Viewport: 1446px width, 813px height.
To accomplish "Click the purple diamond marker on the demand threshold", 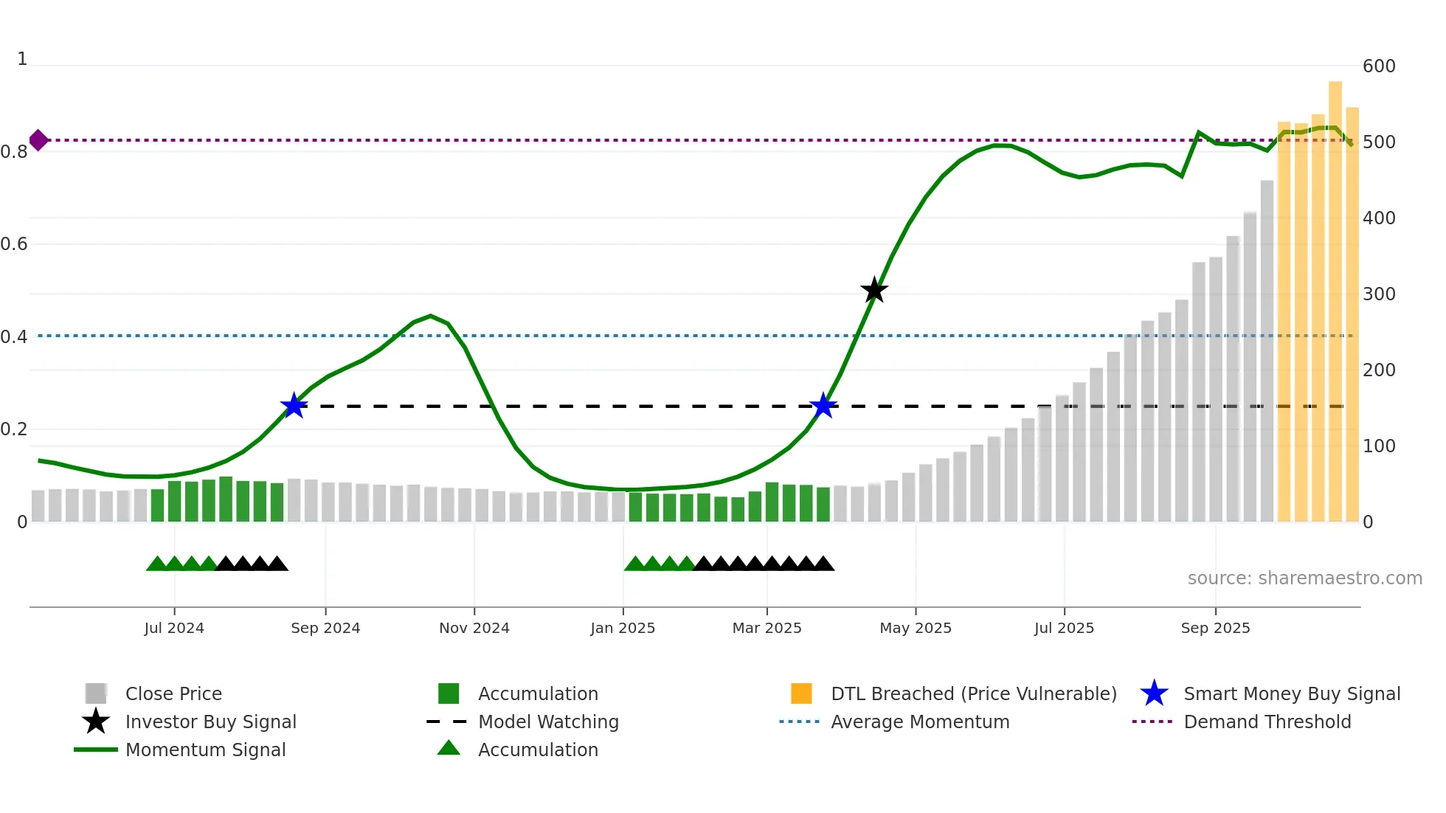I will tap(38, 140).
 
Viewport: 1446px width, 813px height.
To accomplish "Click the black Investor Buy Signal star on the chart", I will tap(874, 291).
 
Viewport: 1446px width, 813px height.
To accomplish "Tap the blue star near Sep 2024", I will tap(294, 406).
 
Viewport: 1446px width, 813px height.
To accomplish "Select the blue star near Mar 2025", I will tap(823, 406).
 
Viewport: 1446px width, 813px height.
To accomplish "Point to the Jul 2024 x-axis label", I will tap(174, 628).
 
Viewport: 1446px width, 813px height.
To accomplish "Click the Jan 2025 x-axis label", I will tap(623, 628).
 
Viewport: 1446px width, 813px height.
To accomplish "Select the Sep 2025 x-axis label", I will tap(1215, 628).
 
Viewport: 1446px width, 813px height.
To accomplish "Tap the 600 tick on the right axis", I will tap(1379, 66).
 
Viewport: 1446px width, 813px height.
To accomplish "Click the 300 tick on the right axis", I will tap(1379, 294).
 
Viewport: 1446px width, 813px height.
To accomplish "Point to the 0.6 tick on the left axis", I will tap(15, 244).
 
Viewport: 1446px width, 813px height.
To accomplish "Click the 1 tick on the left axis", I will tap(22, 59).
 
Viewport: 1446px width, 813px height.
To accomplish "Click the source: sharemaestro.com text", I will tap(1304, 578).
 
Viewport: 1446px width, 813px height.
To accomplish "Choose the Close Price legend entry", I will tap(173, 693).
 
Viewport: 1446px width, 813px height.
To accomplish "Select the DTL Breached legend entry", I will tap(973, 693).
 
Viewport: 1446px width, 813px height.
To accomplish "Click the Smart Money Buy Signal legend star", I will tap(1154, 693).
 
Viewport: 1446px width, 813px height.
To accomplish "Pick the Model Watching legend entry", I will tap(547, 722).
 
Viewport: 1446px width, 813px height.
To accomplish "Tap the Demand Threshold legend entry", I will tap(1267, 722).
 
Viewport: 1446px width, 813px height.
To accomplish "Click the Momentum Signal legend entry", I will tap(205, 750).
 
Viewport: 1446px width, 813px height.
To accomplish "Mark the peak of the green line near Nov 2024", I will tap(431, 316).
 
